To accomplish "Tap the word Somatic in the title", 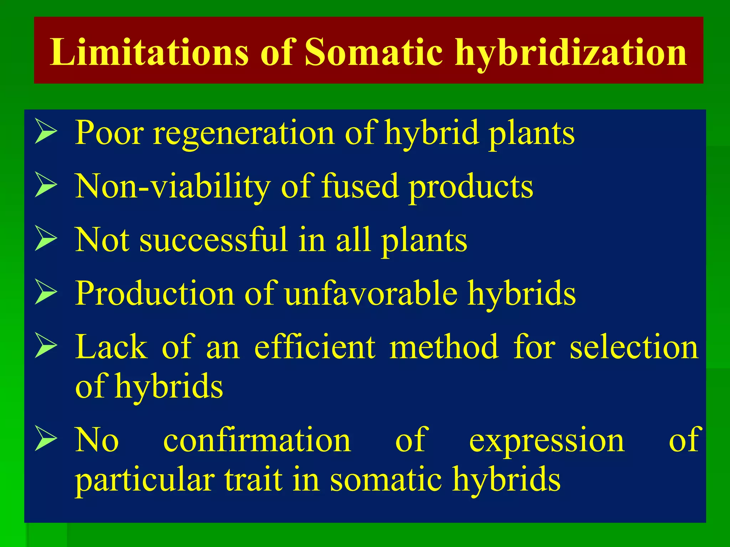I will click(374, 52).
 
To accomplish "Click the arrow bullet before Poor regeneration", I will click(46, 132).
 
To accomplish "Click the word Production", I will click(154, 293).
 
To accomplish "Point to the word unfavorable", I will click(371, 293).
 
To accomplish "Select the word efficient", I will click(315, 347).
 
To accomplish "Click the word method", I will click(444, 347).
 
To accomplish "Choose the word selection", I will click(634, 347).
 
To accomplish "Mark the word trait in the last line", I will click(253, 479).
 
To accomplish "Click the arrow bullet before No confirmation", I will click(46, 439).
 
